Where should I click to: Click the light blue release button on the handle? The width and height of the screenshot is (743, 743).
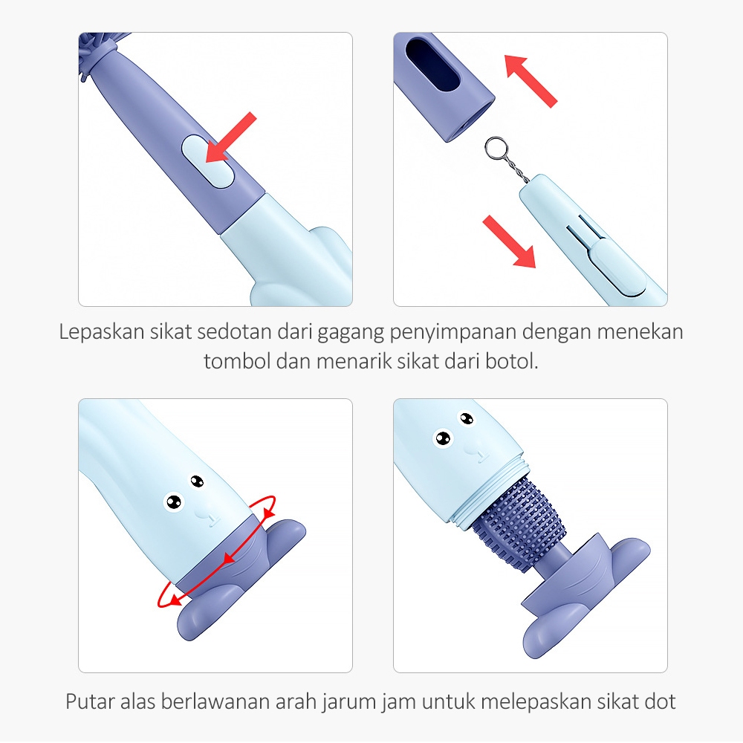tap(207, 161)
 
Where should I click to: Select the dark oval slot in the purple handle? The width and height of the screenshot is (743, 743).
tap(432, 65)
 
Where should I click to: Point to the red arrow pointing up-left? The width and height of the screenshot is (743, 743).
tap(531, 81)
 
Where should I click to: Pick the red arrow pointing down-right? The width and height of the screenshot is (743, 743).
tap(510, 241)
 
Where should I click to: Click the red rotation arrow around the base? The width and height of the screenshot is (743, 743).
tap(216, 551)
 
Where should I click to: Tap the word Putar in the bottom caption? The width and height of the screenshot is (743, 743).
tap(90, 701)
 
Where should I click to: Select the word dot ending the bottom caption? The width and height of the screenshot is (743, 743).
tap(660, 701)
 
